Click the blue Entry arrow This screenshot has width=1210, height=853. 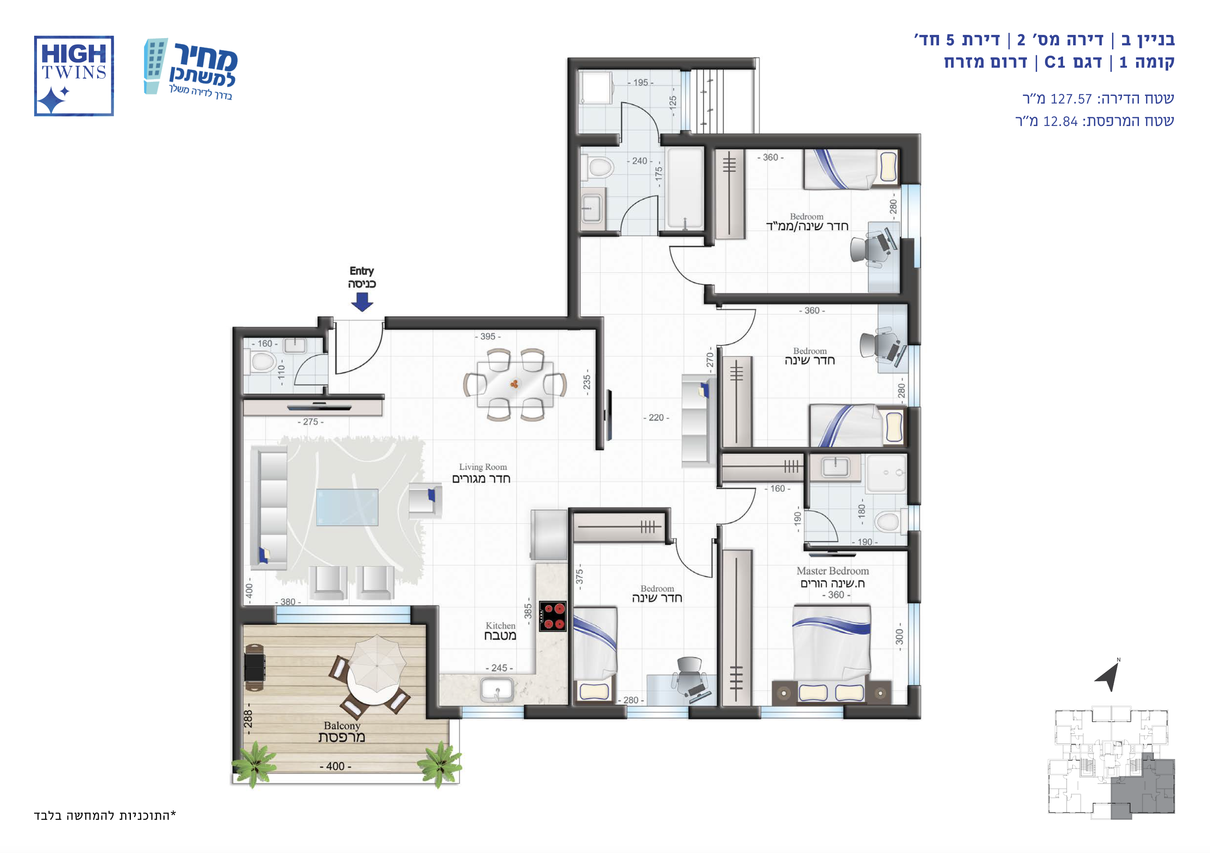pyautogui.click(x=362, y=302)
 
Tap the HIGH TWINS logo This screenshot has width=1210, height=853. pyautogui.click(x=74, y=76)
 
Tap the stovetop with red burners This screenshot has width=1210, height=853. pyautogui.click(x=552, y=616)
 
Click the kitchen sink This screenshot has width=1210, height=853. pyautogui.click(x=497, y=689)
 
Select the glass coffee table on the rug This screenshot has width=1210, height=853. pyautogui.click(x=347, y=507)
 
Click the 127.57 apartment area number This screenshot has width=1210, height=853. pyautogui.click(x=1071, y=99)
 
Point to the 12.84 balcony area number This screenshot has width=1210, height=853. pyautogui.click(x=1060, y=122)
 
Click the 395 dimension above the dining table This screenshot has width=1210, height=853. pyautogui.click(x=487, y=337)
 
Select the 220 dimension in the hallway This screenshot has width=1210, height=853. pyautogui.click(x=656, y=418)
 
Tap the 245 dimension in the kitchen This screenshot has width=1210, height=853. pyautogui.click(x=499, y=668)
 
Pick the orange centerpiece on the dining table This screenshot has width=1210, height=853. pyautogui.click(x=514, y=384)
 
